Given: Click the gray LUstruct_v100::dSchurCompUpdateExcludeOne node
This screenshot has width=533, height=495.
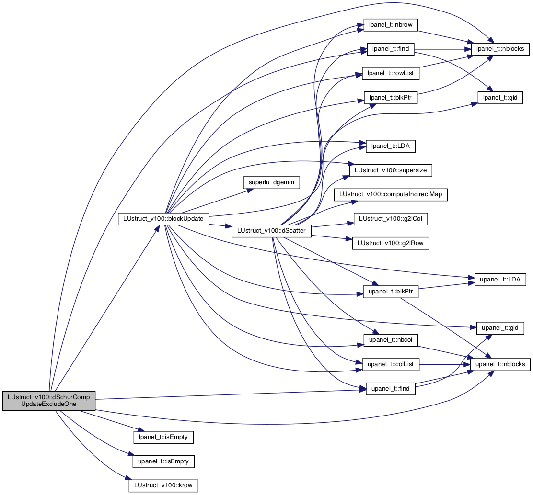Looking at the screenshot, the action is point(48,401).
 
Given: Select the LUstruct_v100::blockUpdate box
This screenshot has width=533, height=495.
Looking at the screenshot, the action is point(163,219).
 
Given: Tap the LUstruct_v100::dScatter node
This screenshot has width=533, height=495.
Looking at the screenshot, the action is point(271,231).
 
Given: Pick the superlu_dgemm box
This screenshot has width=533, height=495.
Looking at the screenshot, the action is point(271,182).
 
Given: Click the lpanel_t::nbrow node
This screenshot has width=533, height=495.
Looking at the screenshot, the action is point(391,25).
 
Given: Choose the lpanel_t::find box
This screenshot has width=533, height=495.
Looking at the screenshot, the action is point(391,49).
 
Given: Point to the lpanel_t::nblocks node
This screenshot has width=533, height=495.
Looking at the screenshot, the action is point(500,49).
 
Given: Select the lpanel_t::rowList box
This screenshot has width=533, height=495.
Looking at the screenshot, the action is point(391,73).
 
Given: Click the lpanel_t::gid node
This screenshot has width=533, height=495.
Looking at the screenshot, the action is point(500,98).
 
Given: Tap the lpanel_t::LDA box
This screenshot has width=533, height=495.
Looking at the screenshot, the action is point(391,146).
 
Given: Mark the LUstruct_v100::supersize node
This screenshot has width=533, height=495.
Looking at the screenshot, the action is point(391,170).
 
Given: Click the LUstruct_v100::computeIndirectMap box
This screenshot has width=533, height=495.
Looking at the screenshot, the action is point(391,194).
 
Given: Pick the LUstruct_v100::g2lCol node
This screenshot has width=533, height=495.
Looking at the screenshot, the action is point(391,219).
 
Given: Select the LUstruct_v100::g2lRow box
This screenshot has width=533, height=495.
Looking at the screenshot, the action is point(391,243).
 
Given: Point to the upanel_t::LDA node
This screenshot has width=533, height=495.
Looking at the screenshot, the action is point(500,280).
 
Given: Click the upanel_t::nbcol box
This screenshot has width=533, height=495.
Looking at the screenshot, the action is point(391,340).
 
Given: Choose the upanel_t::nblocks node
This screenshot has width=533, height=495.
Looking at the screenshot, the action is point(500,364).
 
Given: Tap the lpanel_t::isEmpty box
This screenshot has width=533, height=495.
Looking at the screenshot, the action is point(163,437).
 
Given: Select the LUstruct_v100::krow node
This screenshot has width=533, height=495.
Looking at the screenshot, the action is point(163,485).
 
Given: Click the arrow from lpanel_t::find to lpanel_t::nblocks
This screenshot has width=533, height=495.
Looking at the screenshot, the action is point(442,49).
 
